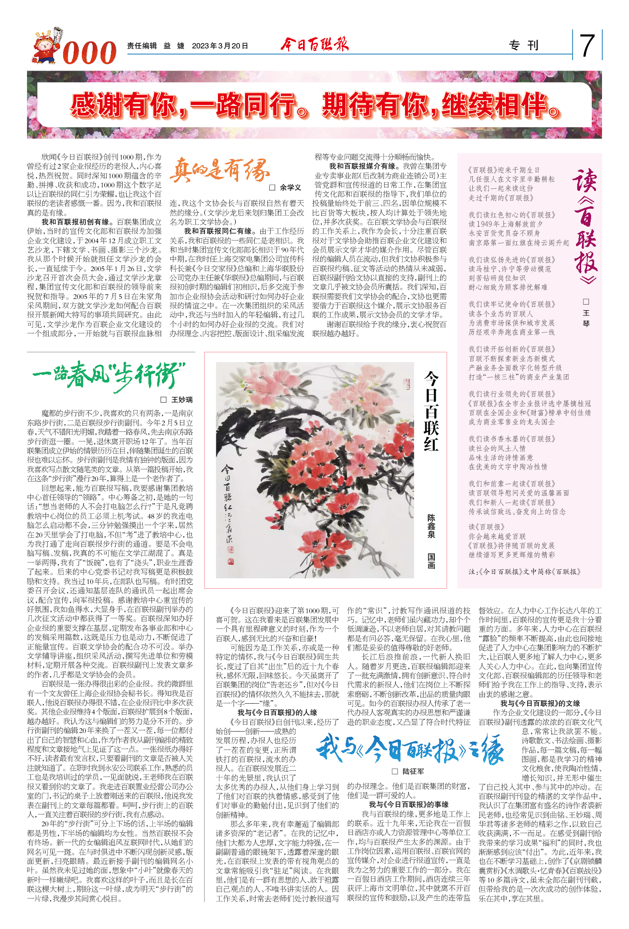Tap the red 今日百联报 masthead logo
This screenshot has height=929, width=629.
point(314,44)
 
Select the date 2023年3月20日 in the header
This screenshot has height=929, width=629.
point(220,46)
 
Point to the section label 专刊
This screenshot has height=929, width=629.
point(524,45)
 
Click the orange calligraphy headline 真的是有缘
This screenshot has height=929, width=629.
point(219,170)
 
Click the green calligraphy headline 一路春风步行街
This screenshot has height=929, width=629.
point(109,375)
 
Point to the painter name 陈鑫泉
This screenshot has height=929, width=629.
point(431,526)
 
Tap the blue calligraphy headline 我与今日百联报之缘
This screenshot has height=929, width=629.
point(409,749)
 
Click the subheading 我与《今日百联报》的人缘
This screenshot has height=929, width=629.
point(277,712)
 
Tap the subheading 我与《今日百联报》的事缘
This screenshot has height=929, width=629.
point(409,804)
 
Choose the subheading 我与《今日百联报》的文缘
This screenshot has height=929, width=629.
point(540,703)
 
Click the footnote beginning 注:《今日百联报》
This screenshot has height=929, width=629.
point(525,572)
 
